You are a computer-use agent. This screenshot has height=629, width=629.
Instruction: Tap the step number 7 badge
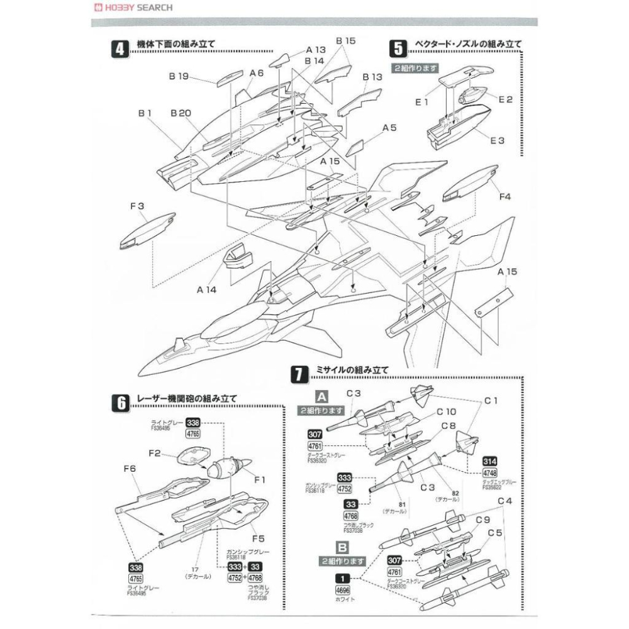[298, 374]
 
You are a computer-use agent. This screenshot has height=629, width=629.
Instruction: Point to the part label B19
[179, 77]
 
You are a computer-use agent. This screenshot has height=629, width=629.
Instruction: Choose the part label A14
[207, 290]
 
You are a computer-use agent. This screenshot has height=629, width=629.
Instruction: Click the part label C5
[496, 532]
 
